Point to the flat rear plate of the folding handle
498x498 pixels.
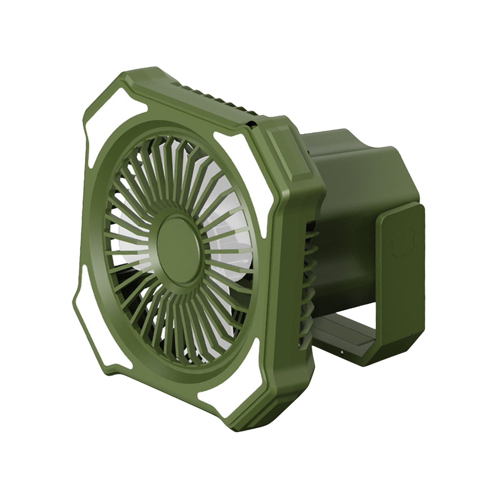click(402, 265)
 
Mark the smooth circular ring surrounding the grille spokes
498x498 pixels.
click(103, 249)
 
